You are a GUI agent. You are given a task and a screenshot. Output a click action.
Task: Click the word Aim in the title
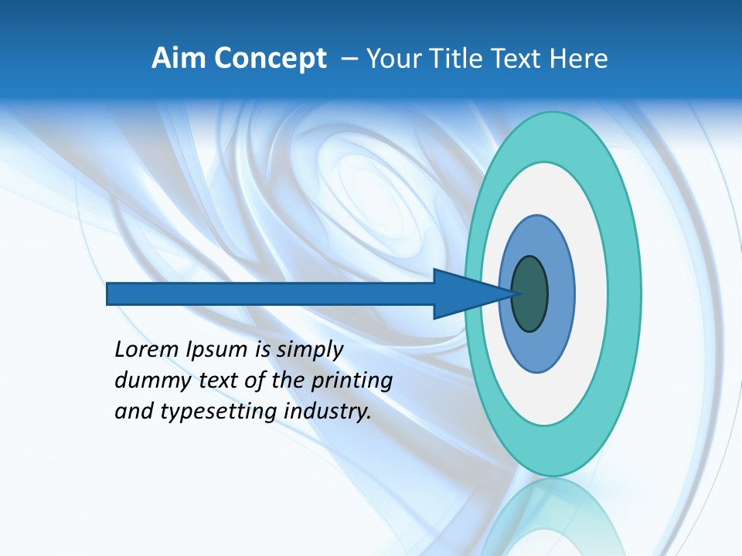click(x=178, y=59)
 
